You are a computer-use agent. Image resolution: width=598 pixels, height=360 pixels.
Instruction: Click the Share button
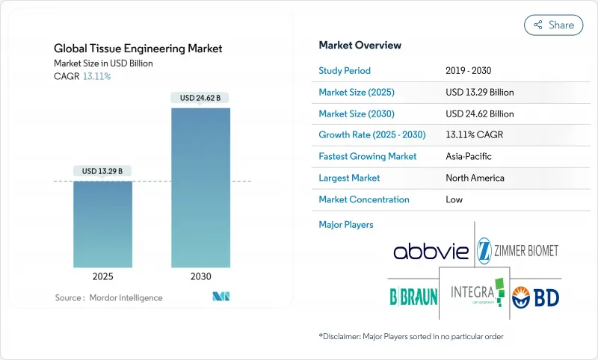554,25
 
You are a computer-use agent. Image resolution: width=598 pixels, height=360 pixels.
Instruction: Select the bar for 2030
200,187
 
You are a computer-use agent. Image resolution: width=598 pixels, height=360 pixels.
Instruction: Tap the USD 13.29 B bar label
102,171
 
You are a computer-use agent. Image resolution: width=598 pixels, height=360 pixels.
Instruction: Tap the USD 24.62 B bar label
200,98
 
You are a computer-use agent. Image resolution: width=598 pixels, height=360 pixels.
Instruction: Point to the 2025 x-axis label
102,276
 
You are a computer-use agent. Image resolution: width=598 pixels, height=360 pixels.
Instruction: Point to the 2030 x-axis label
200,276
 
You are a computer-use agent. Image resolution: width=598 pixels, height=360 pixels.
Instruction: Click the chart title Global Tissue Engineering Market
138,49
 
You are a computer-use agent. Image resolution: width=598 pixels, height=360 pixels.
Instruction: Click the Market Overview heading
360,45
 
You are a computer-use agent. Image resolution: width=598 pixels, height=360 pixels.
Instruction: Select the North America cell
475,178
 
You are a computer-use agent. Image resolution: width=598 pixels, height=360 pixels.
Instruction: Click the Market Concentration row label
363,199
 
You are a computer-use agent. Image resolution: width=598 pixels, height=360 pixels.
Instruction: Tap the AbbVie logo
431,250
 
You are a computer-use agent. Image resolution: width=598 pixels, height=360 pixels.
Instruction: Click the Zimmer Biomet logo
518,249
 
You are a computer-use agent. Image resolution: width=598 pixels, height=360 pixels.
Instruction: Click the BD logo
535,295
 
